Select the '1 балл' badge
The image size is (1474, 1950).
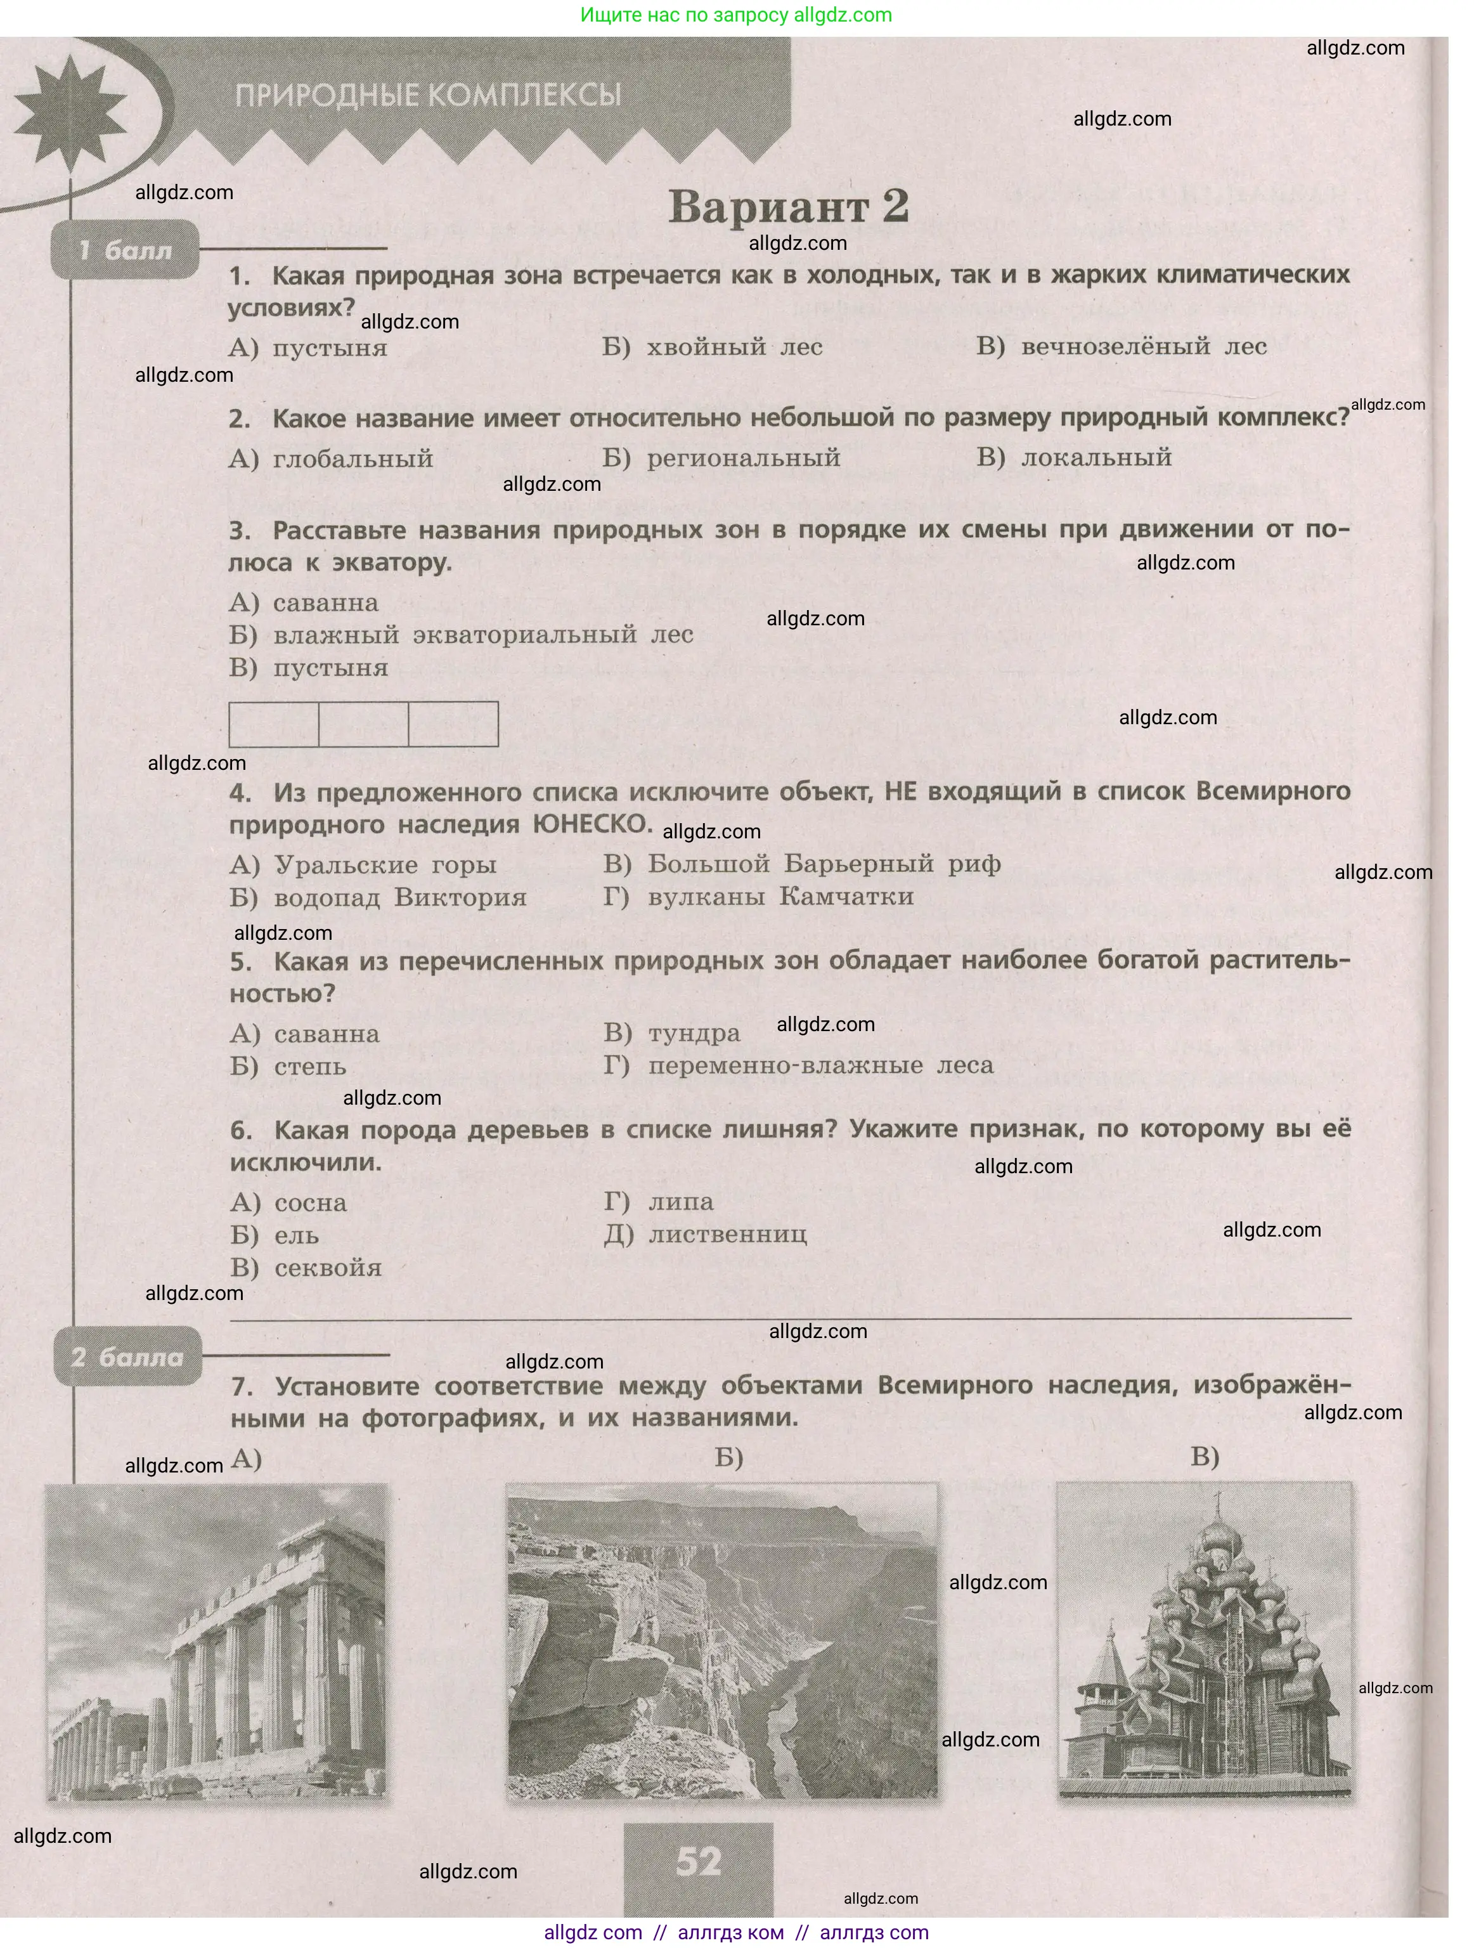pyautogui.click(x=125, y=251)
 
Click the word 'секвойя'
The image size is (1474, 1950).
pyautogui.click(x=327, y=1268)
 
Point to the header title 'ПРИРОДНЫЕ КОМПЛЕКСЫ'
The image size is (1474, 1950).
pyautogui.click(x=429, y=95)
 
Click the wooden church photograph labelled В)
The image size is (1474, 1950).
pyautogui.click(x=1203, y=1641)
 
